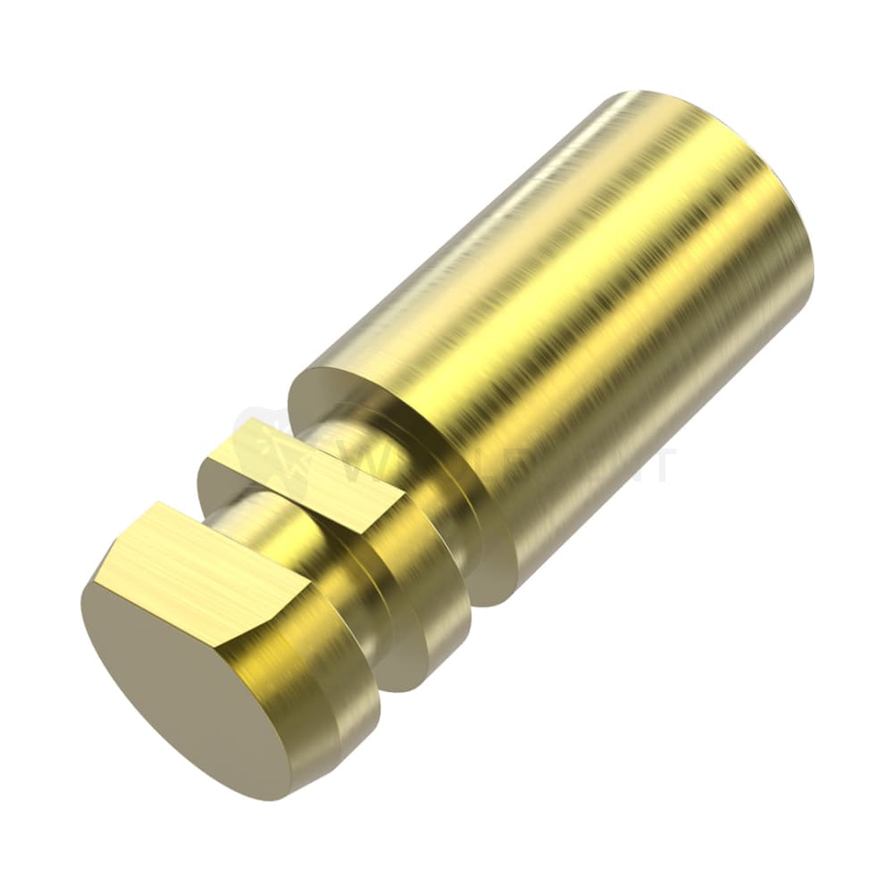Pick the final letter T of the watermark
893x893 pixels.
[x=662, y=464]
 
